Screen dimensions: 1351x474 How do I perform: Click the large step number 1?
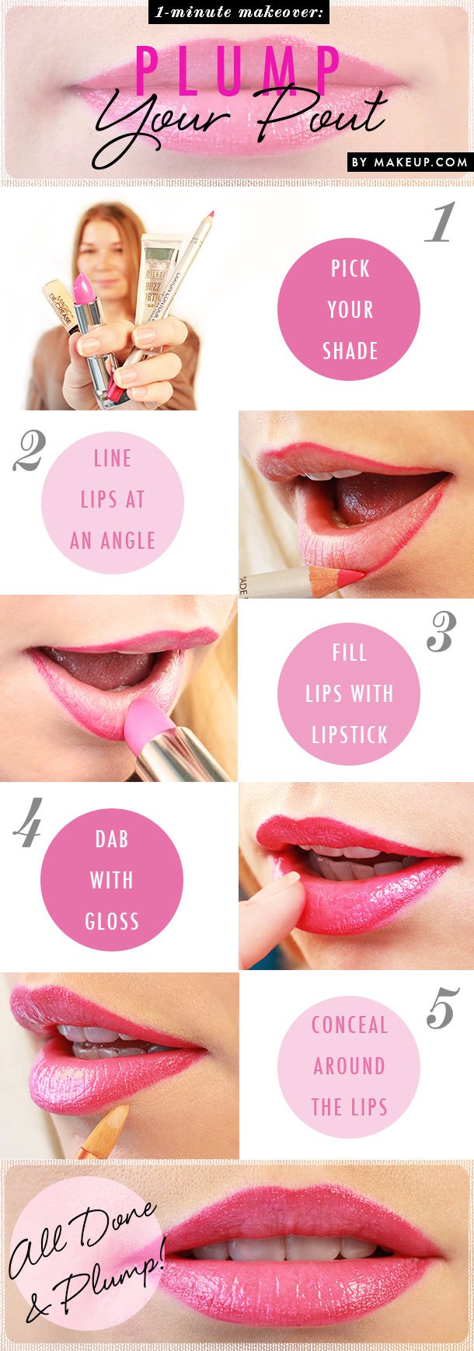tap(439, 223)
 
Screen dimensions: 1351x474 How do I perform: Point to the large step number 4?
tap(28, 829)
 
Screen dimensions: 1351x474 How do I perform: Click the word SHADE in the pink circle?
tap(350, 351)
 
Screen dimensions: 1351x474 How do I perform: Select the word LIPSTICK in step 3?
tap(349, 735)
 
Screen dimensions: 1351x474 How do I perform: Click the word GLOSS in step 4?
tap(112, 922)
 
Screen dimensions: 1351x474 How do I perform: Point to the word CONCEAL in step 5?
tap(349, 1025)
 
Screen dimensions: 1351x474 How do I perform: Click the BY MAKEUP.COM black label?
tap(410, 162)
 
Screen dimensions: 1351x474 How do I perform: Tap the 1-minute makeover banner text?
tap(239, 12)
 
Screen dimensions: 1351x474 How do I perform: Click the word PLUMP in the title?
tap(239, 71)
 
